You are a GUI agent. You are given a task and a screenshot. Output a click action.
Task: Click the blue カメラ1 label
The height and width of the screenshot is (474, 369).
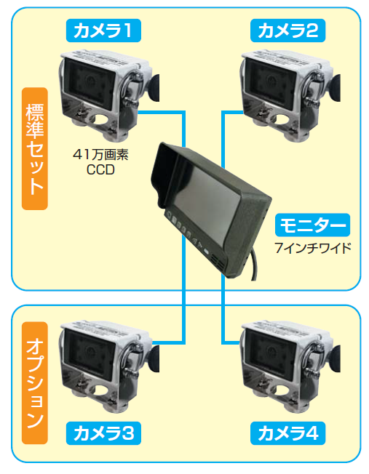click(103, 31)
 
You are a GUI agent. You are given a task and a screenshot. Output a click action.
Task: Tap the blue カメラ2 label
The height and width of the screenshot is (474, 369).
click(288, 31)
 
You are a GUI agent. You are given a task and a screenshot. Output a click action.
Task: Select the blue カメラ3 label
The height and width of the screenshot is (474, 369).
click(103, 433)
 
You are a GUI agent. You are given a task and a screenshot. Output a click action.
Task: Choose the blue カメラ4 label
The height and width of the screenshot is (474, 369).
click(288, 433)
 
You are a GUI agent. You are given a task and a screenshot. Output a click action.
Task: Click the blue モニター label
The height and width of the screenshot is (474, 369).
click(312, 225)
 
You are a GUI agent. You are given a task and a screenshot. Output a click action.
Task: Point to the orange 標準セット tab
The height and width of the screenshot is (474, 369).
click(35, 148)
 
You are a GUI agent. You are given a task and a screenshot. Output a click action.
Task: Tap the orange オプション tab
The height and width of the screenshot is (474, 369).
click(35, 382)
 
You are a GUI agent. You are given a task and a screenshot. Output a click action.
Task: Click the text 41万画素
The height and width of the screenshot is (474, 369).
click(100, 154)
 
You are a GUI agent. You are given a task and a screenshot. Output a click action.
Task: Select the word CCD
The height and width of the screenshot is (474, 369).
click(100, 169)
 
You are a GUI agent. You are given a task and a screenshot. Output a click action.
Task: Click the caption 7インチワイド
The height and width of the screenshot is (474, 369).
click(313, 248)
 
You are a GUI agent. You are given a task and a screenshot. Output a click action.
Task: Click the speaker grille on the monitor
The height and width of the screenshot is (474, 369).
click(218, 262)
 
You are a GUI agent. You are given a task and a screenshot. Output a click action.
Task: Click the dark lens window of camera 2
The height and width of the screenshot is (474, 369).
click(270, 81)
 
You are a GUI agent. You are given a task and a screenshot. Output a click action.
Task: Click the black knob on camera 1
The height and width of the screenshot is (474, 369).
click(154, 88)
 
